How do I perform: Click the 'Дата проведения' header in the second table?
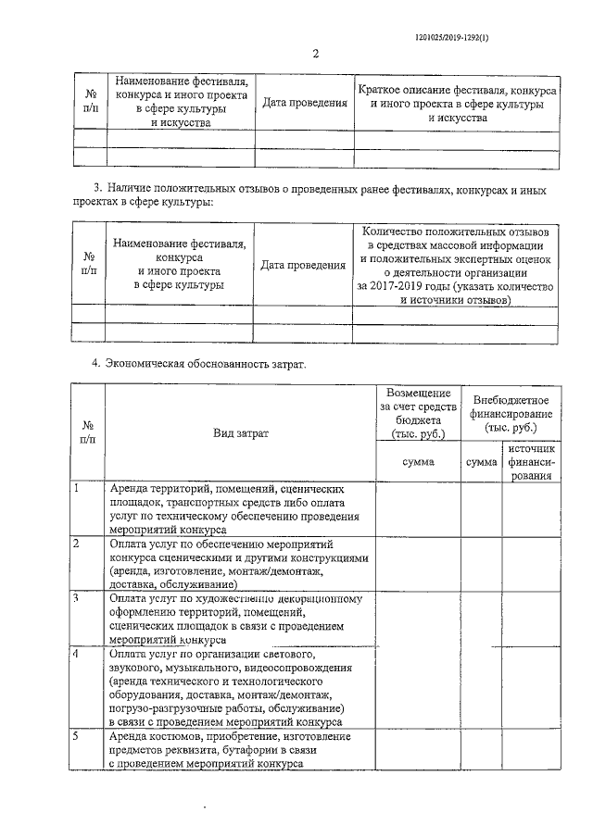click(303, 265)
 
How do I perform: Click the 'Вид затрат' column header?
click(240, 432)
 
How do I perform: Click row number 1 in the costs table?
click(78, 487)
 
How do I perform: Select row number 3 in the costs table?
click(78, 598)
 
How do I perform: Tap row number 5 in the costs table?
click(78, 736)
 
